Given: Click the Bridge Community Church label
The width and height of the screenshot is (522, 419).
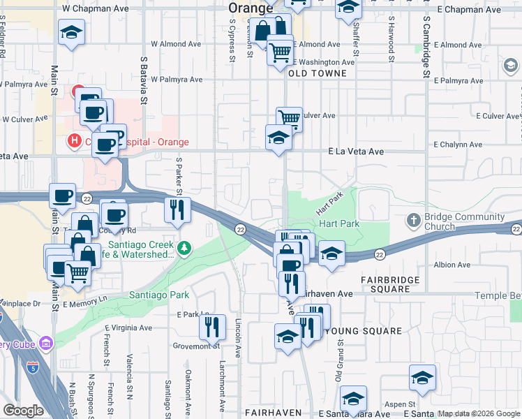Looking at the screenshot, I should [463, 222].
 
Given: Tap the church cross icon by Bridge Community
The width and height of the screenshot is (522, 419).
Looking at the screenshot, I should [413, 221].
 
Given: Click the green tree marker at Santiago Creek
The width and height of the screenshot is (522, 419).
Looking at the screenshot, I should [184, 247].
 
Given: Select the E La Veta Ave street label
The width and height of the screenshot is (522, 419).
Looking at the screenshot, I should [356, 152].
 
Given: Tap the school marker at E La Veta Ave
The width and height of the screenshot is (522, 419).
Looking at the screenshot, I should [278, 137].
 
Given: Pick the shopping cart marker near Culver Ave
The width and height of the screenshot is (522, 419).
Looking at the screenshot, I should [289, 118].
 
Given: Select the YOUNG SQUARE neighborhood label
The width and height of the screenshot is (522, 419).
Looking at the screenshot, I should [364, 331].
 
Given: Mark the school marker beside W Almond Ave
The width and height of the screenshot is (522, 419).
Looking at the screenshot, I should [70, 33].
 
